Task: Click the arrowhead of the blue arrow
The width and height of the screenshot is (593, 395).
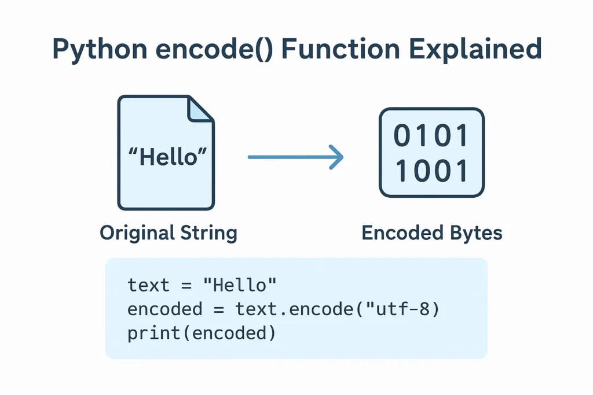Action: click(336, 157)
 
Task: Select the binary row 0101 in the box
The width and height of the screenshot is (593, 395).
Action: click(431, 137)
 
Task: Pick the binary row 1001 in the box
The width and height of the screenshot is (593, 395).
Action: click(431, 172)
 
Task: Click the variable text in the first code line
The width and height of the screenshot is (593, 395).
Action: click(149, 285)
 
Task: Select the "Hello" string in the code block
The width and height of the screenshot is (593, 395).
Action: click(245, 285)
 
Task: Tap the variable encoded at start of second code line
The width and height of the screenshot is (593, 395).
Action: click(165, 309)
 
